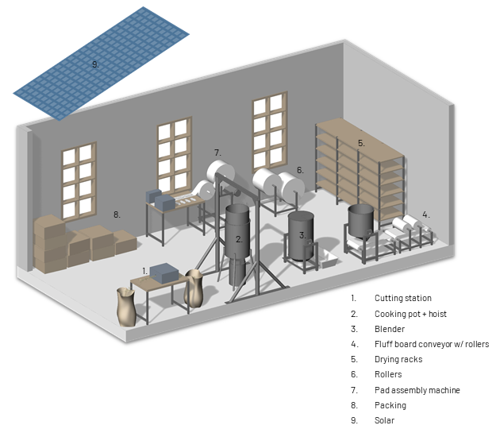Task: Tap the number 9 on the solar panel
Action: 95,64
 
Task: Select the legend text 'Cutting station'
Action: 403,299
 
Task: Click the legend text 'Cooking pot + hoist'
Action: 410,314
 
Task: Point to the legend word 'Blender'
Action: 390,329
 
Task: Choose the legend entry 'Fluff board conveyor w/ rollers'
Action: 432,344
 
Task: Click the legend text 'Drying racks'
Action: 398,359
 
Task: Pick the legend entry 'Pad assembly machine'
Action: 417,390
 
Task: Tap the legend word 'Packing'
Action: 390,405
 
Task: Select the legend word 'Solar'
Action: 385,420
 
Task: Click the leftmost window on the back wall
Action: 79,180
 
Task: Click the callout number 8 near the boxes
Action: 117,214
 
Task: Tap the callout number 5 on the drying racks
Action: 361,143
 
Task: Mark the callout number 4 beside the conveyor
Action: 426,214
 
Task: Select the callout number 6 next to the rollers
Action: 300,170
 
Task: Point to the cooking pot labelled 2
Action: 237,230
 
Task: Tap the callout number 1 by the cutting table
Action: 144,271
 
